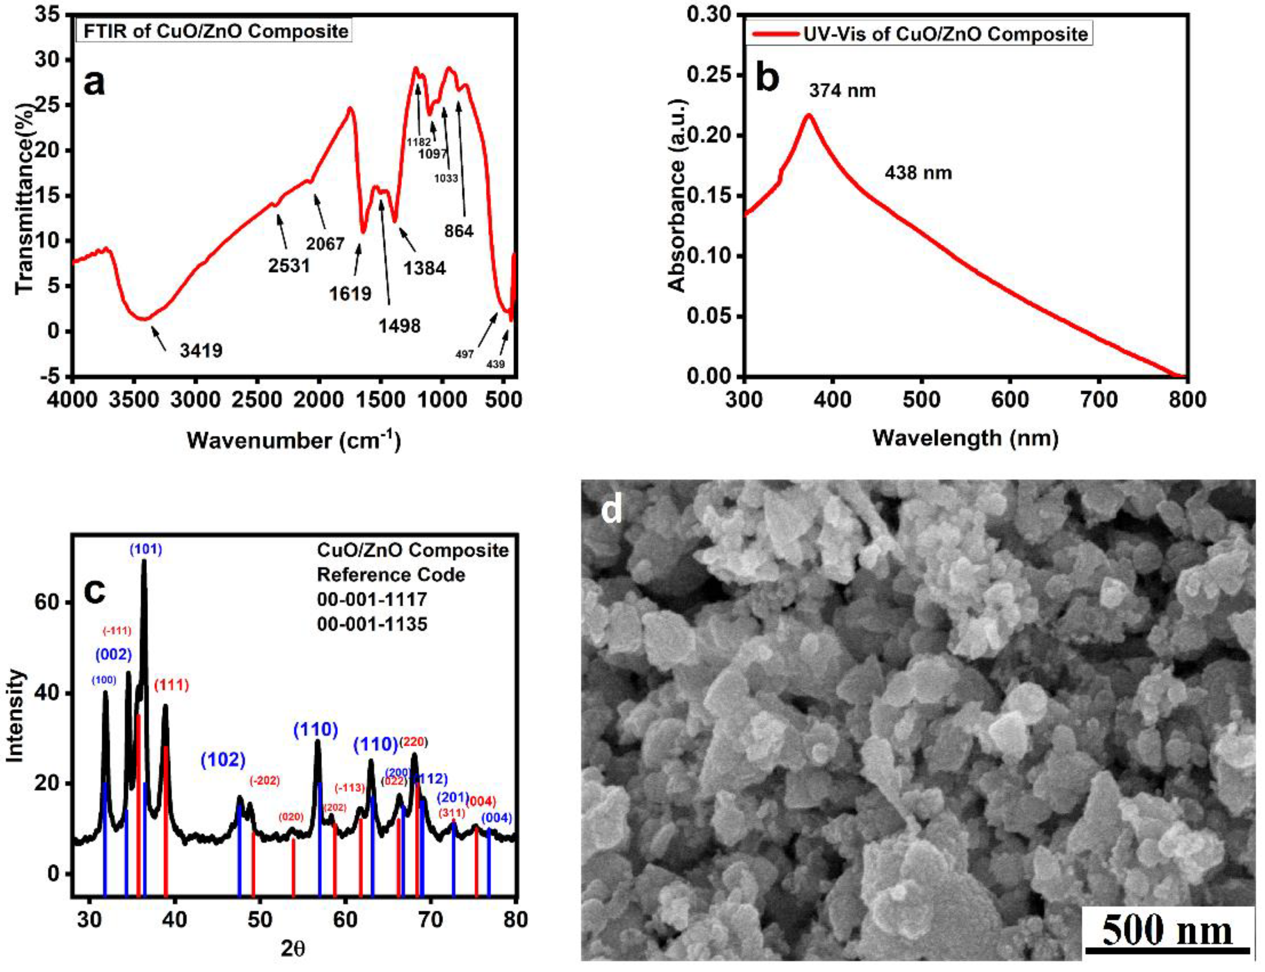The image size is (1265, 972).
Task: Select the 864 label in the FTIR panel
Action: click(x=459, y=231)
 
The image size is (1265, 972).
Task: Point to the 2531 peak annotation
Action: click(x=289, y=266)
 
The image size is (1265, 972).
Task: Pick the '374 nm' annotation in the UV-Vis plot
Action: click(x=842, y=91)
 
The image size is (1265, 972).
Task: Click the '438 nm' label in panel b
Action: click(x=918, y=173)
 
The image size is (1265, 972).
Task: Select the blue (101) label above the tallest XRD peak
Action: click(x=145, y=550)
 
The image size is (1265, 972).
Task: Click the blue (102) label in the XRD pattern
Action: click(x=223, y=760)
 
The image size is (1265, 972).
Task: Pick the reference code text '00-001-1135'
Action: click(x=372, y=624)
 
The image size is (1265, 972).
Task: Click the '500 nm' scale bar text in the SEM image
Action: click(x=1167, y=932)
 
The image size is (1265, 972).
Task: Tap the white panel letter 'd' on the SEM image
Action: click(x=611, y=510)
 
